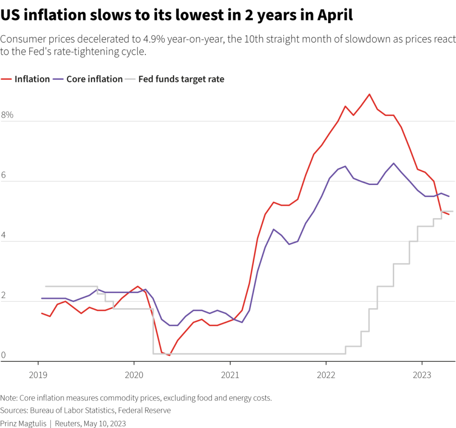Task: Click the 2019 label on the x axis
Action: (x=37, y=375)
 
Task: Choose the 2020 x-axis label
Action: (x=134, y=375)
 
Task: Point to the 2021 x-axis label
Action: (x=230, y=375)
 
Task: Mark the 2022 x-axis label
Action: (x=326, y=375)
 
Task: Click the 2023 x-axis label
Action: (x=422, y=375)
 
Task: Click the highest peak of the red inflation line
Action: (x=369, y=94)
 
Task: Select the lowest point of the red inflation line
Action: (x=169, y=355)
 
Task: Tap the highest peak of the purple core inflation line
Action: (x=393, y=163)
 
